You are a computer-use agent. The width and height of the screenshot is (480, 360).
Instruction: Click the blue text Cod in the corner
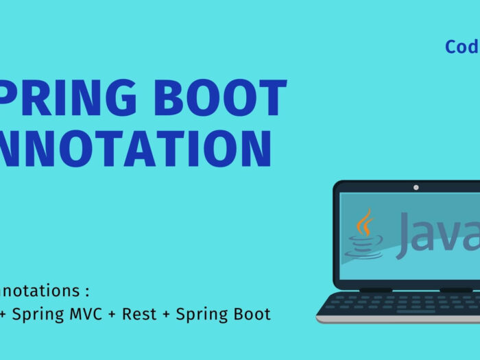(x=461, y=47)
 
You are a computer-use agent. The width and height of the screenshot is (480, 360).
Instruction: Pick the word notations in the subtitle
(x=40, y=291)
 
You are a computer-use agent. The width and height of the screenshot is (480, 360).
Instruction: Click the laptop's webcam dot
(x=416, y=187)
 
